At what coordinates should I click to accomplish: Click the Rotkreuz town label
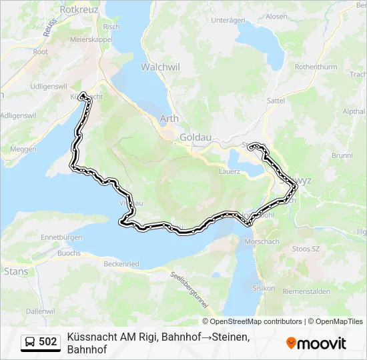tap(79, 10)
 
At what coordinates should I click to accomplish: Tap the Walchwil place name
tap(157, 67)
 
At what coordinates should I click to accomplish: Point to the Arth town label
tap(169, 119)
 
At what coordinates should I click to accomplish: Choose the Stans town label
tap(16, 271)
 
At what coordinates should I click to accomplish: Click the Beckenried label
tap(121, 264)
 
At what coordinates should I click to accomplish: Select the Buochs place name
tap(69, 253)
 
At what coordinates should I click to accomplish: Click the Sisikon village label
tap(264, 288)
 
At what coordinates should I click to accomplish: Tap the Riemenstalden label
tap(307, 292)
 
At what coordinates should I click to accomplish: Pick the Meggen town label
tap(23, 149)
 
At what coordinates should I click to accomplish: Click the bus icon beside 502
tap(31, 342)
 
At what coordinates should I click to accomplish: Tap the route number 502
tap(48, 342)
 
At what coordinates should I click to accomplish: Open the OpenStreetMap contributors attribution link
tap(256, 321)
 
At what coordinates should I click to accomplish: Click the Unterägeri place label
tap(230, 21)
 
